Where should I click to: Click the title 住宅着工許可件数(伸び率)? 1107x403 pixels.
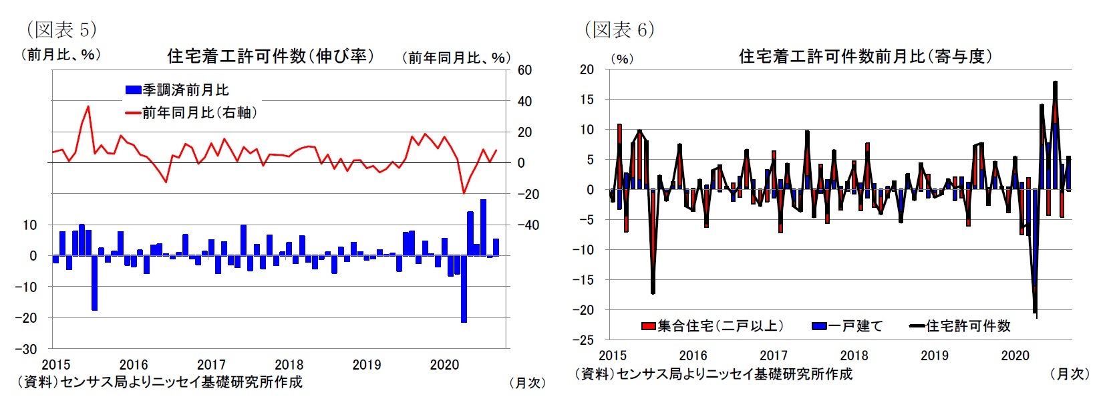270,56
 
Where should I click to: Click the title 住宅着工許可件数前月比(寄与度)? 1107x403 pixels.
864,56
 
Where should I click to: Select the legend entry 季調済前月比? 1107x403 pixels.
184,90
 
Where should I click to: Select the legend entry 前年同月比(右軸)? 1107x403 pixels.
198,113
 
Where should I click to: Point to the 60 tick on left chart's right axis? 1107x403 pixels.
524,70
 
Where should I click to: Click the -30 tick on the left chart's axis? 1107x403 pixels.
26,349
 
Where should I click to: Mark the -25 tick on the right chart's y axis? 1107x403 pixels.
585,340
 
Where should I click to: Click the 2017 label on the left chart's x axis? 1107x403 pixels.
211,365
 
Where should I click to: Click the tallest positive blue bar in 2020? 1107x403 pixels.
483,227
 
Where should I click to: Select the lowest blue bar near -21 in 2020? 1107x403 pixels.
464,289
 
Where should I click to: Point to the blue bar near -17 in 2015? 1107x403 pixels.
94,283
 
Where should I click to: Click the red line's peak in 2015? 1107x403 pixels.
88,106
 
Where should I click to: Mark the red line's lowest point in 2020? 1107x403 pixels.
464,193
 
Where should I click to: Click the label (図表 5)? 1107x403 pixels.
61,29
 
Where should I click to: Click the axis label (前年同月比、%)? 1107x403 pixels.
456,58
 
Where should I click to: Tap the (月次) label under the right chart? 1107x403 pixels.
1069,374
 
